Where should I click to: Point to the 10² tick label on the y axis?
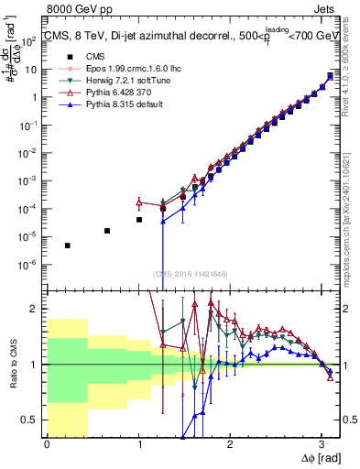(30, 41)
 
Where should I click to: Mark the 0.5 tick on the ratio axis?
(34, 420)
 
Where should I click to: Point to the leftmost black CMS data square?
(67, 245)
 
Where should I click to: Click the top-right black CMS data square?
(330, 76)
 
